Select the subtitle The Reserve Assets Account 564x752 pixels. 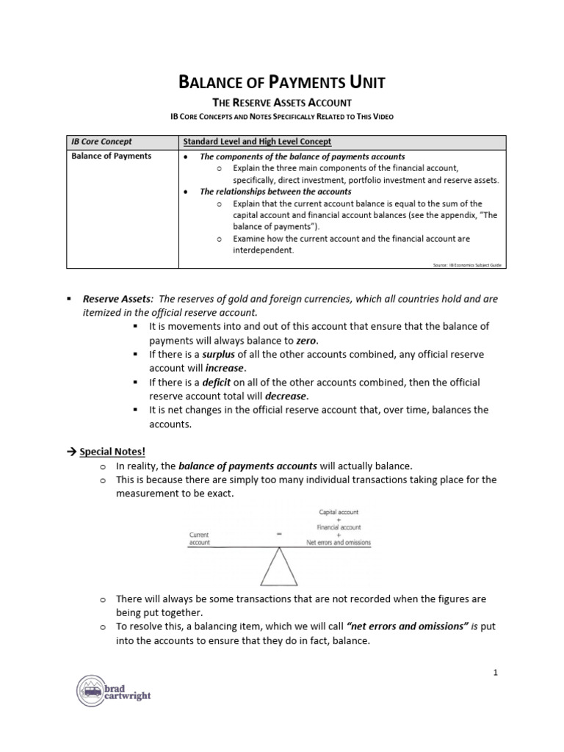point(282,103)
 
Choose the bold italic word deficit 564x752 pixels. point(217,383)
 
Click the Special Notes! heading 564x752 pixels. point(107,452)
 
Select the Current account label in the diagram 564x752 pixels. point(200,539)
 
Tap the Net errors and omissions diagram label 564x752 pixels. point(339,543)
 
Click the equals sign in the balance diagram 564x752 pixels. point(280,535)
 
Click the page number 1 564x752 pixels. point(496,672)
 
